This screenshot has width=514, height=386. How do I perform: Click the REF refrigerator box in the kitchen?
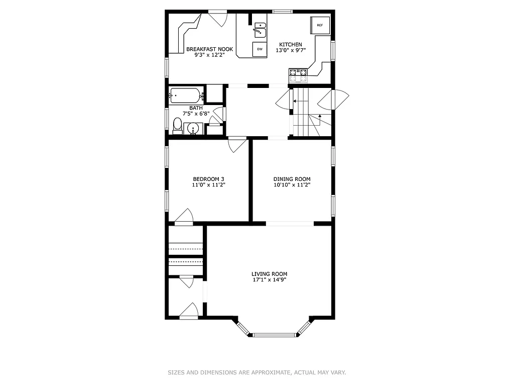click(320, 25)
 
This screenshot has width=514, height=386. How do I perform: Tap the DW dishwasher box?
click(260, 49)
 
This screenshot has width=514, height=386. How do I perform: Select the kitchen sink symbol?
click(260, 30)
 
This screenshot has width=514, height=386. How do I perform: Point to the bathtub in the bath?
click(186, 95)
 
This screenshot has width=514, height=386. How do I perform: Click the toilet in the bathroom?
click(177, 124)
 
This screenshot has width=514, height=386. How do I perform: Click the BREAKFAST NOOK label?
click(209, 49)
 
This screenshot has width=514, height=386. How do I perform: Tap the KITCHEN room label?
click(291, 44)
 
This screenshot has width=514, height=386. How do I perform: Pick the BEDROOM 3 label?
click(209, 179)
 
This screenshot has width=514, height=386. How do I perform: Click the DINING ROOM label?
click(292, 179)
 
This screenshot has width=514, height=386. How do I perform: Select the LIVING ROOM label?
click(270, 274)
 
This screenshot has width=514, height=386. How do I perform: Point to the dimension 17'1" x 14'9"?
click(270, 280)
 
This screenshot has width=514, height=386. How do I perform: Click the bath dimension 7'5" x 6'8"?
click(196, 114)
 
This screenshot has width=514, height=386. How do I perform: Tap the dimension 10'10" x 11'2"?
click(292, 185)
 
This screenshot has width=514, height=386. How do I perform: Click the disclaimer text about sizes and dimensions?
click(256, 372)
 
